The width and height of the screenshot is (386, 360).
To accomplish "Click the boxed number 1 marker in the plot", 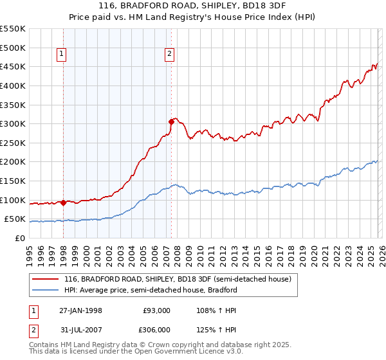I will pyautogui.click(x=62, y=55).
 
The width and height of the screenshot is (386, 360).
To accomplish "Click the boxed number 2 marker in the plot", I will pyautogui.click(x=169, y=55).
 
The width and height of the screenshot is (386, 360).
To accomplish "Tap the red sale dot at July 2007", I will pyautogui.click(x=171, y=121).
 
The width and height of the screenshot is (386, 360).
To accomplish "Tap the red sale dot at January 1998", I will pyautogui.click(x=63, y=203).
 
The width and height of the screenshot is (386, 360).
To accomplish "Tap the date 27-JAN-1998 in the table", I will pyautogui.click(x=80, y=310).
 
